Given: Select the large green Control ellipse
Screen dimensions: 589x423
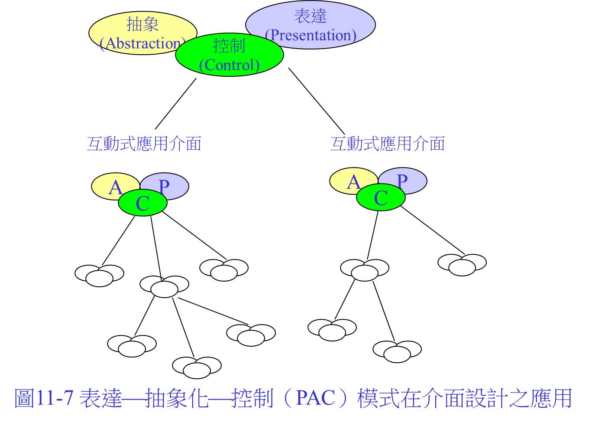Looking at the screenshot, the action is click(x=229, y=55).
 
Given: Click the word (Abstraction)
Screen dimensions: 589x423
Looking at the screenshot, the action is click(x=143, y=43).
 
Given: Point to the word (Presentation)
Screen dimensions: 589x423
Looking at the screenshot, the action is click(x=311, y=35).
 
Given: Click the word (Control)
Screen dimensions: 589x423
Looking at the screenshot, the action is click(x=229, y=65).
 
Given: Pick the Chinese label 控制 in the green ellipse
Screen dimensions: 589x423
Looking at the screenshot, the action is click(x=229, y=46).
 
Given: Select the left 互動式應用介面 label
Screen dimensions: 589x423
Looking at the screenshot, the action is click(x=144, y=144).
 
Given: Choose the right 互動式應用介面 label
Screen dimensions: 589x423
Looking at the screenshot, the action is click(x=388, y=144).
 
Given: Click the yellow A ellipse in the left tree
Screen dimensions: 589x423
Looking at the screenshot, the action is click(x=105, y=184).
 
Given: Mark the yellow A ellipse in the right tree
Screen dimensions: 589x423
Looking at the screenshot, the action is click(x=343, y=179).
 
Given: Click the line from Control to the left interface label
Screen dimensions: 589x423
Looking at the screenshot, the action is click(x=176, y=104).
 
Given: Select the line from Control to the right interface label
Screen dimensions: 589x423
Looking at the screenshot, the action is click(x=317, y=101).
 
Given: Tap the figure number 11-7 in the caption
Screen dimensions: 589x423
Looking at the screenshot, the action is click(x=55, y=398).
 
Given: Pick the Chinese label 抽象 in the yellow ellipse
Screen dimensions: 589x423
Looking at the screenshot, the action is click(x=142, y=24).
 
